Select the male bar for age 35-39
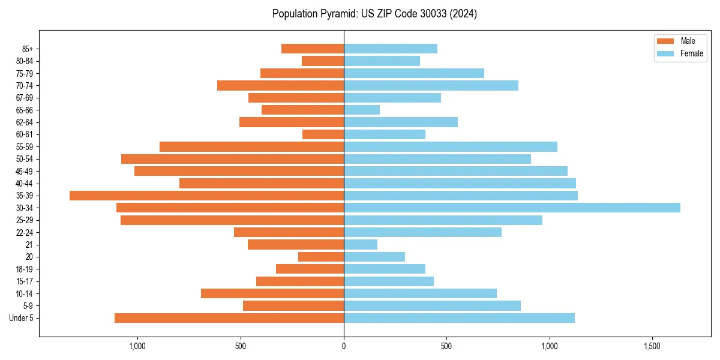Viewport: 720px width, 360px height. tap(206, 196)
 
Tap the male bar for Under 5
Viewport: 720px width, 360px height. tap(229, 318)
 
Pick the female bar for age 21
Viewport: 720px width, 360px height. tap(361, 244)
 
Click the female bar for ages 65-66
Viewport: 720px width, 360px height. tap(362, 110)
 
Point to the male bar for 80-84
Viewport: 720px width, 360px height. tap(323, 61)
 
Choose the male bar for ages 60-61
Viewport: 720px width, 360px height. tap(323, 134)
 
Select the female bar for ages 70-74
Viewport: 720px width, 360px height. tap(431, 85)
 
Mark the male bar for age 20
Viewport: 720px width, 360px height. tap(321, 257)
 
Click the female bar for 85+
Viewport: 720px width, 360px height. tap(391, 49)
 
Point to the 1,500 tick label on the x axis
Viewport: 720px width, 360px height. tap(652, 347)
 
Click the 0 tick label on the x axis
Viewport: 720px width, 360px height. tap(344, 347)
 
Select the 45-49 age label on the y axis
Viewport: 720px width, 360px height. tap(25, 171)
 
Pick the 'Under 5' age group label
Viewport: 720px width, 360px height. tap(22, 318)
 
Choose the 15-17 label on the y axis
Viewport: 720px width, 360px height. tap(25, 281)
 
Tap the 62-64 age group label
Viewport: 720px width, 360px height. tap(25, 122)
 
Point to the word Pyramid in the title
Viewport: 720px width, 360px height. tap(336, 14)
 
